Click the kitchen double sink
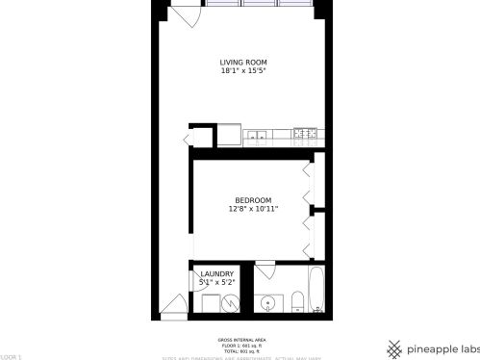coord(258,136)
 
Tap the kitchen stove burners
coord(305,135)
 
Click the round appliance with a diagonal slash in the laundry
coord(231,303)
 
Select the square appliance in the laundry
coord(209,304)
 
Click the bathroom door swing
coord(267,273)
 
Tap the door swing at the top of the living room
coord(185,16)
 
